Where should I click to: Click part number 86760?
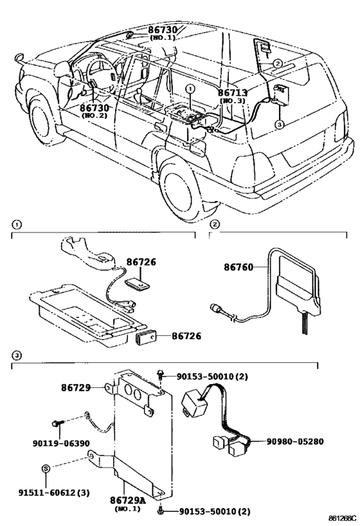pyautogui.click(x=239, y=267)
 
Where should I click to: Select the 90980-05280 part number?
pyautogui.click(x=295, y=441)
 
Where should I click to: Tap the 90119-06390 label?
pyautogui.click(x=61, y=443)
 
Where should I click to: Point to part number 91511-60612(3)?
pyautogui.click(x=54, y=493)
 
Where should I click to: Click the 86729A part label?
pyautogui.click(x=128, y=500)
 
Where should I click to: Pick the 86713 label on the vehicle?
pyautogui.click(x=232, y=92)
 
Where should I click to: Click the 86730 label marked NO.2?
pyautogui.click(x=94, y=108)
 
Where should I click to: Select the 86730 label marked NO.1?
pyautogui.click(x=163, y=30)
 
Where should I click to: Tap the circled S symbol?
pyautogui.click(x=46, y=468)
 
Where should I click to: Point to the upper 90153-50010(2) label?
pyautogui.click(x=212, y=377)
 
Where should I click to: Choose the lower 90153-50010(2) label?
pyautogui.click(x=215, y=512)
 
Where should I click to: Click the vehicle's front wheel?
pyautogui.click(x=42, y=118)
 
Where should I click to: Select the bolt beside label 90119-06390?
pyautogui.click(x=56, y=425)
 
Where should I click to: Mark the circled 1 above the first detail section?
pyautogui.click(x=17, y=224)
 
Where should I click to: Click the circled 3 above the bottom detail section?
pyautogui.click(x=17, y=355)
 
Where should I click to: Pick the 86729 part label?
pyautogui.click(x=76, y=388)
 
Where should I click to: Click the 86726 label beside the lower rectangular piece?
pyautogui.click(x=186, y=336)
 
